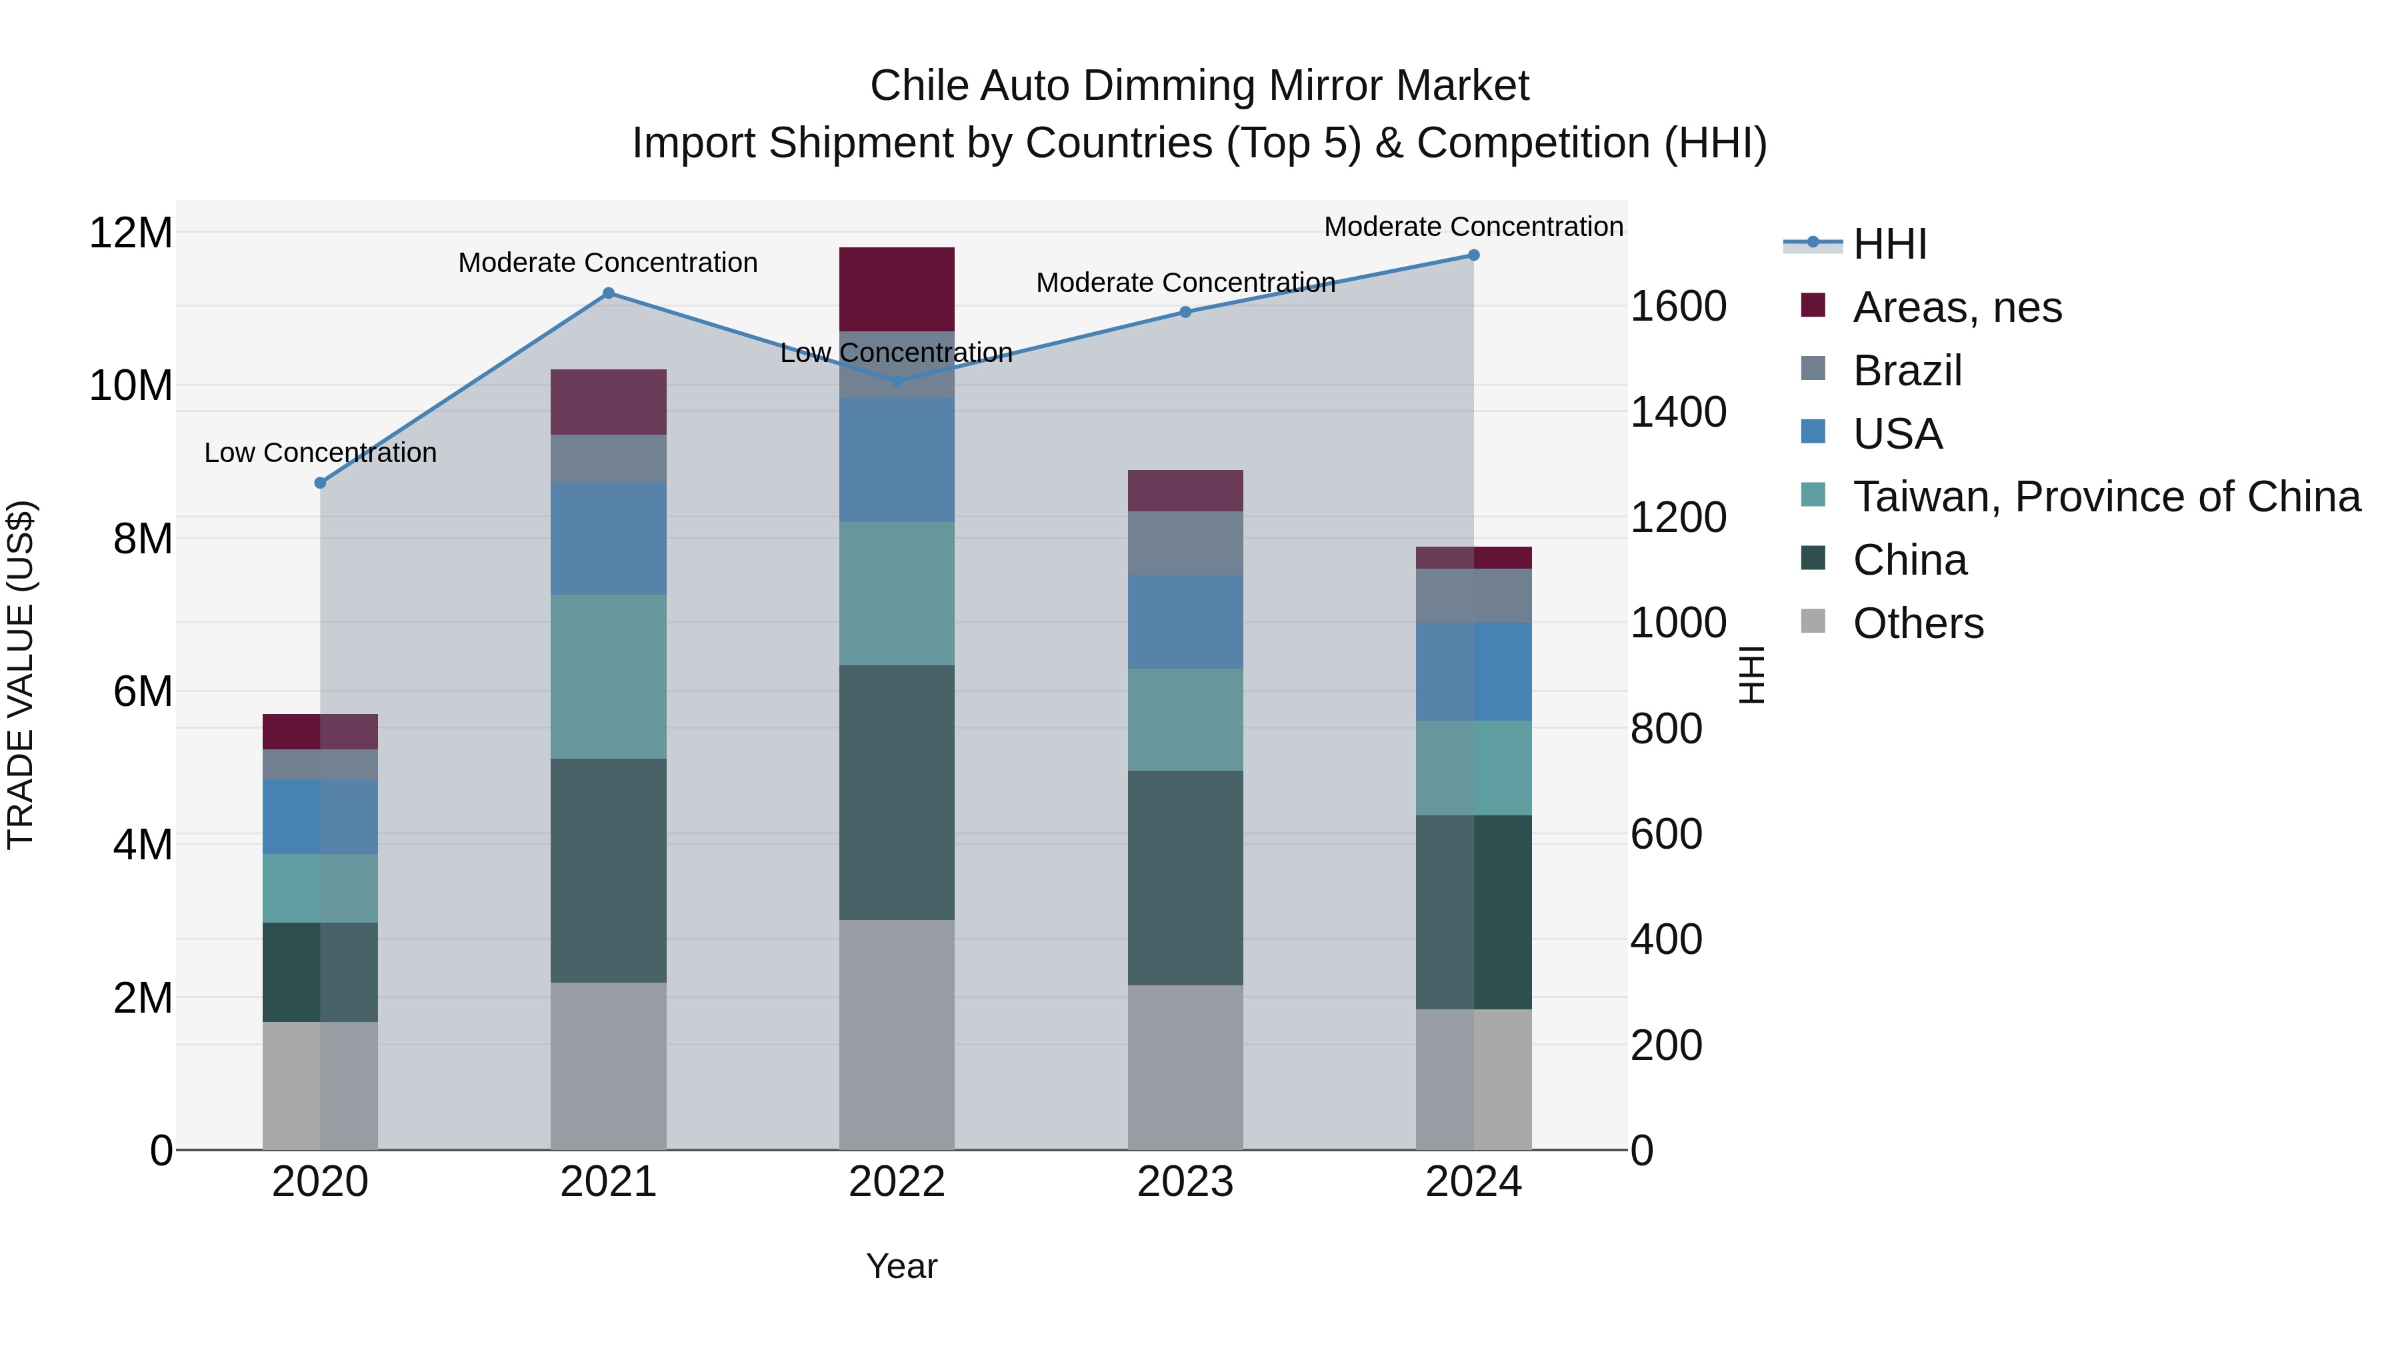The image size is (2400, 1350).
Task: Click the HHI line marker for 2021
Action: point(609,293)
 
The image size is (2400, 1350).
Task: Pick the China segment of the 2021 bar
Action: point(609,870)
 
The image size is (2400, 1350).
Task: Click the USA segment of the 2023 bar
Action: point(1185,621)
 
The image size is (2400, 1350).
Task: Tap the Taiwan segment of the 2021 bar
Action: point(609,677)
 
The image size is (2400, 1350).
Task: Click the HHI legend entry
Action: point(1889,244)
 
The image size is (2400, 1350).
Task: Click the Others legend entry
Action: point(1917,623)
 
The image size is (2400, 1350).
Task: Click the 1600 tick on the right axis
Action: point(1678,307)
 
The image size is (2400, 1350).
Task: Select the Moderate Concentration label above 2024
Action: point(1473,227)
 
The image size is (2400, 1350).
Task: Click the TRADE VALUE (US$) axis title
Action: point(21,675)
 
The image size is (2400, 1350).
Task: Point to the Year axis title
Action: point(901,1266)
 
